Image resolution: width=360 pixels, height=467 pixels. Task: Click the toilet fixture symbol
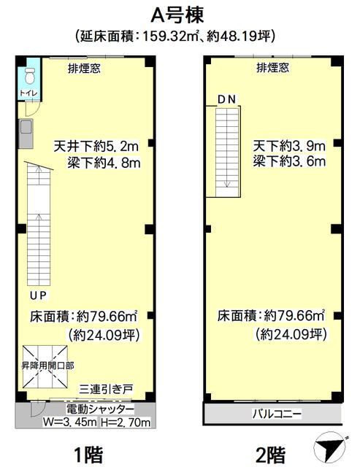coord(29,76)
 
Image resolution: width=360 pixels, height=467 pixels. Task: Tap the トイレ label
coord(29,93)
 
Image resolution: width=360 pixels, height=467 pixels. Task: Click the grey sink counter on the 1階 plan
coord(26,134)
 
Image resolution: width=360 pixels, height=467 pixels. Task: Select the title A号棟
coord(177,15)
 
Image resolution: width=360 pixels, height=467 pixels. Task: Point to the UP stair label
coord(38,295)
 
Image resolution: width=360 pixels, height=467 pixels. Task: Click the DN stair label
coord(227,99)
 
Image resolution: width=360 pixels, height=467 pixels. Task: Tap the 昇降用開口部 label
coord(47,366)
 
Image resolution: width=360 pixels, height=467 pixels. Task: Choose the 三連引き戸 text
coord(106,389)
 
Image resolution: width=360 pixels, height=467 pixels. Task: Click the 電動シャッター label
coord(100,409)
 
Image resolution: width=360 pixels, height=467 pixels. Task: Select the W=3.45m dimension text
coord(69,422)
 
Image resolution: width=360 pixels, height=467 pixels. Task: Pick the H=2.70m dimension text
coord(126,422)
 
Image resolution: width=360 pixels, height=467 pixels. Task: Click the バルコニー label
coord(277,414)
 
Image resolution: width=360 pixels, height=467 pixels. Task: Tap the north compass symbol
coord(329,446)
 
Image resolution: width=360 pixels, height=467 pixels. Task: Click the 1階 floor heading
coord(88,454)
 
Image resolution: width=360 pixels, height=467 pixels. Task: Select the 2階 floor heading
coord(271,454)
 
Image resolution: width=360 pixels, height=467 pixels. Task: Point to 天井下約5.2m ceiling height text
coord(96,146)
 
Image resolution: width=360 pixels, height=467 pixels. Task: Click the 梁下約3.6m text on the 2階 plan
coord(289,161)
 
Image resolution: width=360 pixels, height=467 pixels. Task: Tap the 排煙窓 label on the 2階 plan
coord(272,68)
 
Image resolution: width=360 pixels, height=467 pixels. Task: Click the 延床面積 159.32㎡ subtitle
coord(175,36)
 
